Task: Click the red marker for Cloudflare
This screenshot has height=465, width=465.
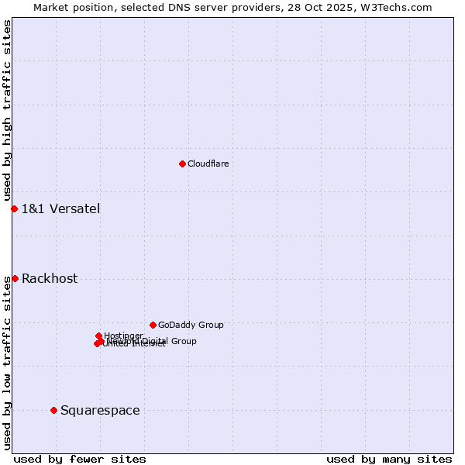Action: tap(182, 164)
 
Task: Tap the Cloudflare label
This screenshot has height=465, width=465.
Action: tap(208, 164)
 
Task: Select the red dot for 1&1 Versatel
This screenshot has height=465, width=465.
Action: tap(14, 208)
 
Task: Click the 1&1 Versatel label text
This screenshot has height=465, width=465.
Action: tap(60, 208)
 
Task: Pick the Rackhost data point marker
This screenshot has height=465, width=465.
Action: tap(15, 278)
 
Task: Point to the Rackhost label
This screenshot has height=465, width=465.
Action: tap(50, 279)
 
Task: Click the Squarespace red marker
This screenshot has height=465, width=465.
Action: tap(53, 410)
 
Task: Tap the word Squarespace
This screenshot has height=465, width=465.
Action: tap(100, 411)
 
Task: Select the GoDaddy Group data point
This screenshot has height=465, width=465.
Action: tap(153, 325)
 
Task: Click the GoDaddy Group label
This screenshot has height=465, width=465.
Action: tap(191, 325)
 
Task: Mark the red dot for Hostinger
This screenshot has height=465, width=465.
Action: tap(98, 336)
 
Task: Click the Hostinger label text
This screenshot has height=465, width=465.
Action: tap(123, 336)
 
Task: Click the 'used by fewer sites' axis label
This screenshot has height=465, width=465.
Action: tap(80, 459)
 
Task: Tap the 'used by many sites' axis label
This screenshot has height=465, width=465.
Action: tap(388, 459)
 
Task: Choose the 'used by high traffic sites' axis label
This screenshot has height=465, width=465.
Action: tap(7, 110)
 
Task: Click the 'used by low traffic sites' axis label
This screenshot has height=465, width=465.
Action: tap(7, 363)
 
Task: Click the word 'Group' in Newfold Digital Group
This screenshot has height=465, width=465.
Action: tap(183, 341)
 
